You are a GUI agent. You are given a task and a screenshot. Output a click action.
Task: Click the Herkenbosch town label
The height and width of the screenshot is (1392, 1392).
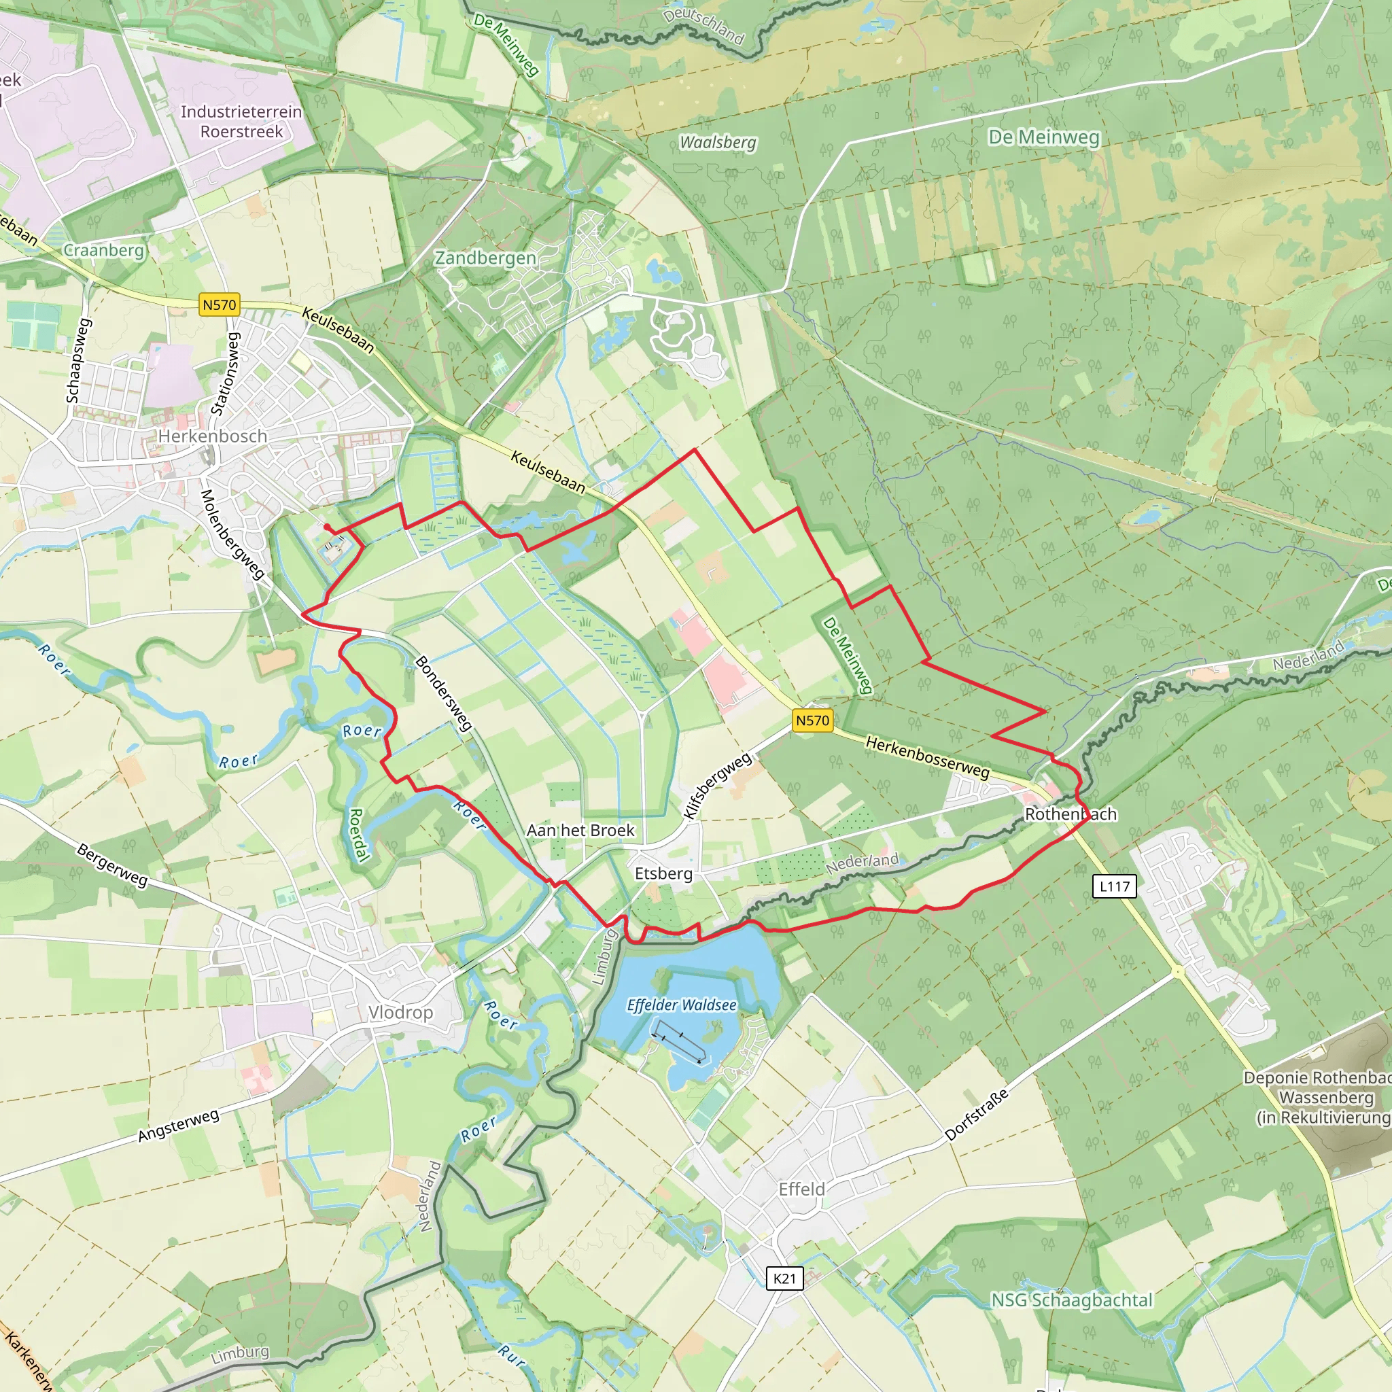(213, 436)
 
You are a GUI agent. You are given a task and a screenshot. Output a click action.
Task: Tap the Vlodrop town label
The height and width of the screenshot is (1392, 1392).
(400, 1012)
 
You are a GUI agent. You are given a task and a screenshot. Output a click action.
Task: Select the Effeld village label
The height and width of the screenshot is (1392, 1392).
(801, 1189)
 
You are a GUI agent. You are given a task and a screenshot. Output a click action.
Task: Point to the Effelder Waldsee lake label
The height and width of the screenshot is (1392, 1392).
(682, 1005)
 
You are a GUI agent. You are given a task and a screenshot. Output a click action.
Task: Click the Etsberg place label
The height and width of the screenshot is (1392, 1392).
(663, 873)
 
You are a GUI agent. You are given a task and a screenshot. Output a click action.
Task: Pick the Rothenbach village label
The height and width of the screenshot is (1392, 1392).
(1071, 814)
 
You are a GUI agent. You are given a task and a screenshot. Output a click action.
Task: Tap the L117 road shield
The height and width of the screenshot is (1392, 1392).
(1115, 886)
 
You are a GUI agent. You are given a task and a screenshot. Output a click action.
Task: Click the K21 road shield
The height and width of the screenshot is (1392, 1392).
(784, 1279)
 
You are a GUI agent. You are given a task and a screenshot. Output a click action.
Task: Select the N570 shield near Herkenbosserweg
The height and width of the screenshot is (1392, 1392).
(812, 720)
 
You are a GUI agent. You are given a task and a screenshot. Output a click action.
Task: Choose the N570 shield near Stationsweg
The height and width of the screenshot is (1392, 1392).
(219, 304)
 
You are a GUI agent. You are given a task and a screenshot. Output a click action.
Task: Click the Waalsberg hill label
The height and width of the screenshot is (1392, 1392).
(718, 143)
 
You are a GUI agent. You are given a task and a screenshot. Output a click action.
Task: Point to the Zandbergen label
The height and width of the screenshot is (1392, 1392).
(485, 258)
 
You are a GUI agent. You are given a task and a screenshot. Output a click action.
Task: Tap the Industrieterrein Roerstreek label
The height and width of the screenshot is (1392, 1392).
(241, 121)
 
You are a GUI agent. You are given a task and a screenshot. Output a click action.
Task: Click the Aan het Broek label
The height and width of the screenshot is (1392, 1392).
(580, 830)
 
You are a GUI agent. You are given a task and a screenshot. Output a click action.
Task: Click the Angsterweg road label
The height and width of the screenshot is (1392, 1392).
(179, 1126)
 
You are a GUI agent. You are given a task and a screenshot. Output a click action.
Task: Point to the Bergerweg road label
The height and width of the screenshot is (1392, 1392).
(112, 865)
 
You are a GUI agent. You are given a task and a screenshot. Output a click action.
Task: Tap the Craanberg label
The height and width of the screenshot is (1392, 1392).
(104, 250)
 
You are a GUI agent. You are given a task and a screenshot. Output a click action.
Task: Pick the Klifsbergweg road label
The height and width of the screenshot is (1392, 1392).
(718, 784)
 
